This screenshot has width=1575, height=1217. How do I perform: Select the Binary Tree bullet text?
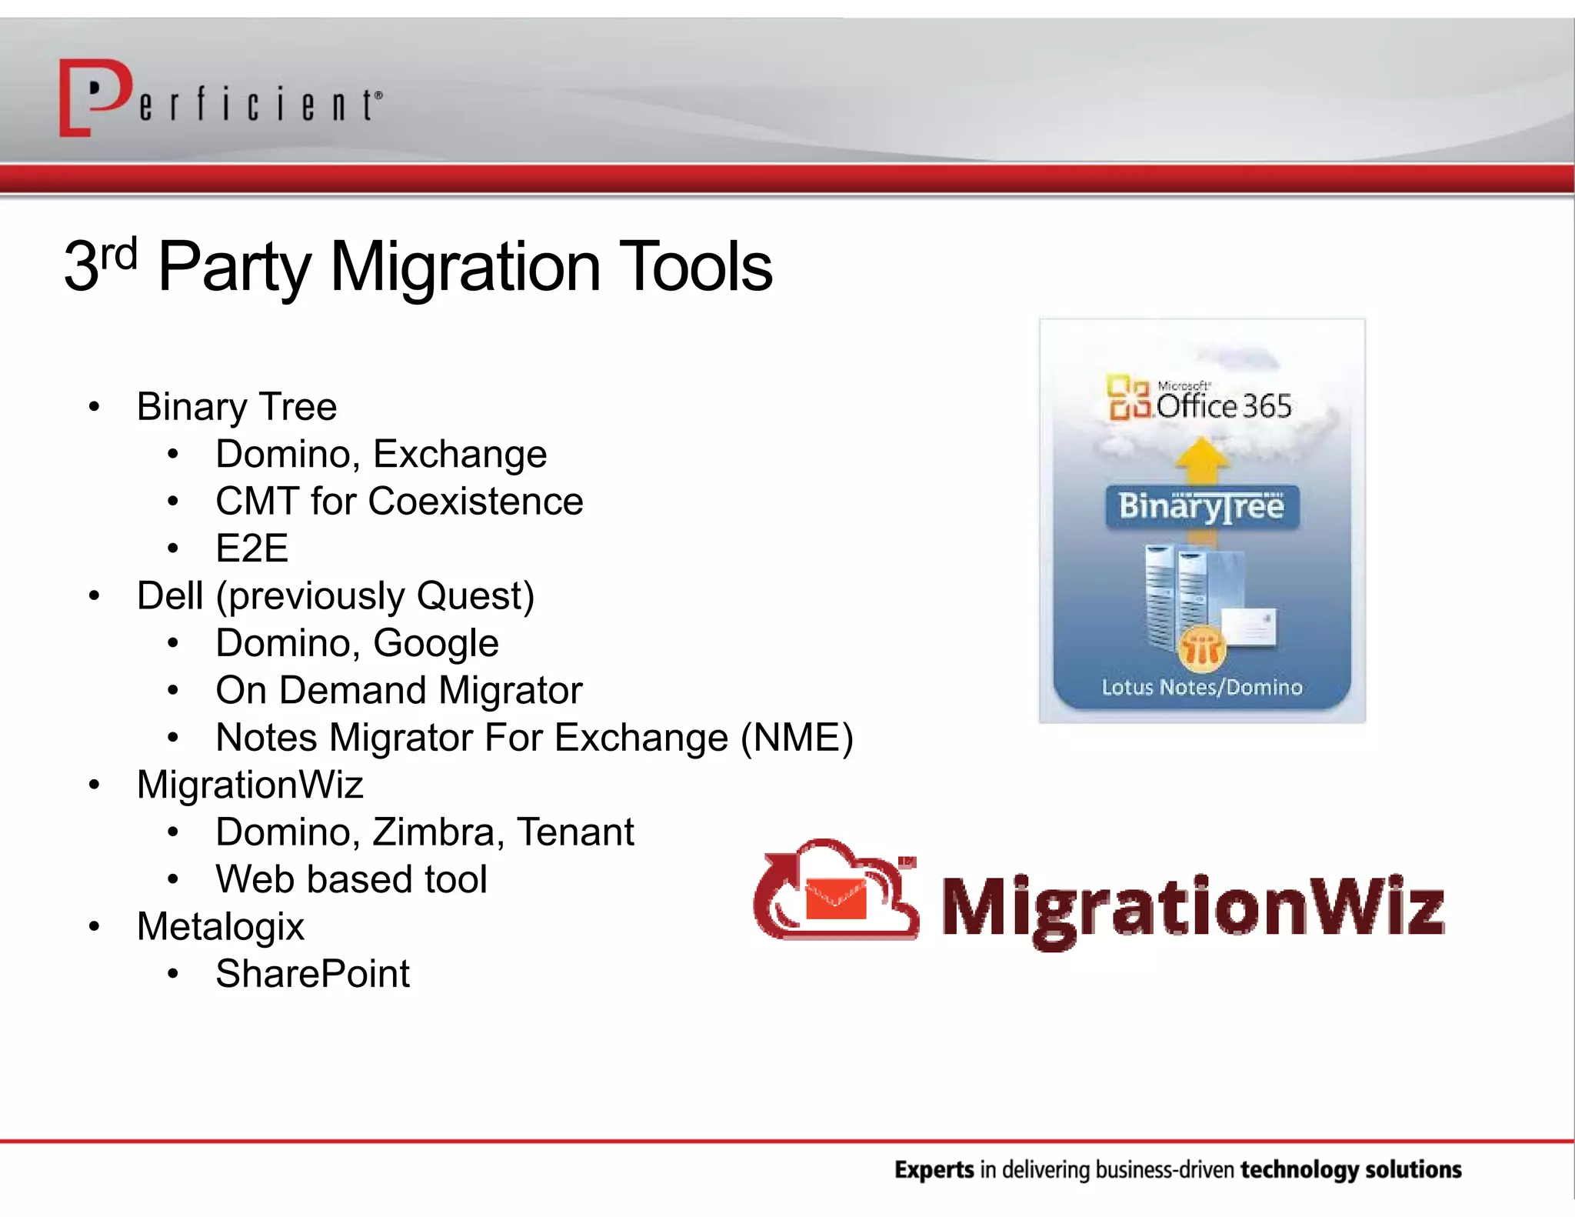[x=237, y=406]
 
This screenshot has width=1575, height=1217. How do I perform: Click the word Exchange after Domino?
[x=460, y=454]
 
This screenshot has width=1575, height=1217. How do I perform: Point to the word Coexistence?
[x=477, y=502]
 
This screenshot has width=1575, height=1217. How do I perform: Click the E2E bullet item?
[x=251, y=548]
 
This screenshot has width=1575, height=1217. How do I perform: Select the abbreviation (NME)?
[x=797, y=738]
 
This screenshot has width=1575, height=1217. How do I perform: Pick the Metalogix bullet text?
[x=221, y=926]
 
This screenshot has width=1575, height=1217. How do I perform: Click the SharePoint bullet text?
[x=312, y=974]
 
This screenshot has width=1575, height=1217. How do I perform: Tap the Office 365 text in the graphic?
[x=1223, y=406]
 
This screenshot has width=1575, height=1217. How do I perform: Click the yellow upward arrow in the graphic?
[x=1203, y=459]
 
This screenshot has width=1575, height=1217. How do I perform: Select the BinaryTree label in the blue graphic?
[x=1202, y=507]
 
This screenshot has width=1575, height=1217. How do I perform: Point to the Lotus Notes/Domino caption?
[x=1202, y=687]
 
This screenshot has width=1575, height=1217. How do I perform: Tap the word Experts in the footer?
[x=934, y=1170]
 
